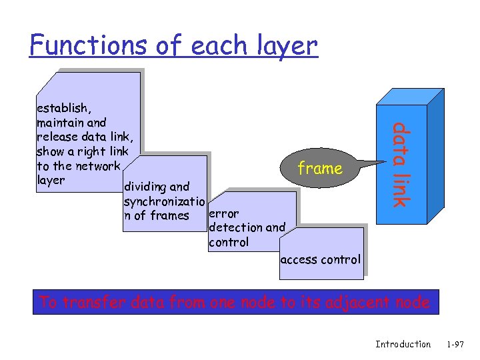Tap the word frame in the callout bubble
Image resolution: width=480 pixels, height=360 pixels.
[x=320, y=169]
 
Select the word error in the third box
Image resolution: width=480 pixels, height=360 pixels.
[x=223, y=214]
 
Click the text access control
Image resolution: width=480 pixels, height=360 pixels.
[x=320, y=259]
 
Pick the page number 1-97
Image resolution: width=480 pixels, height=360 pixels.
[x=455, y=344]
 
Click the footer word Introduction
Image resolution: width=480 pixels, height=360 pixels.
[x=403, y=344]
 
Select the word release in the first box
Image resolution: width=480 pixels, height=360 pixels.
[x=56, y=137]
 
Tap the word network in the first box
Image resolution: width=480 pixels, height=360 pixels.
[x=97, y=166]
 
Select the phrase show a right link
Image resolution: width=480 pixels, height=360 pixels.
[x=82, y=151]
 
